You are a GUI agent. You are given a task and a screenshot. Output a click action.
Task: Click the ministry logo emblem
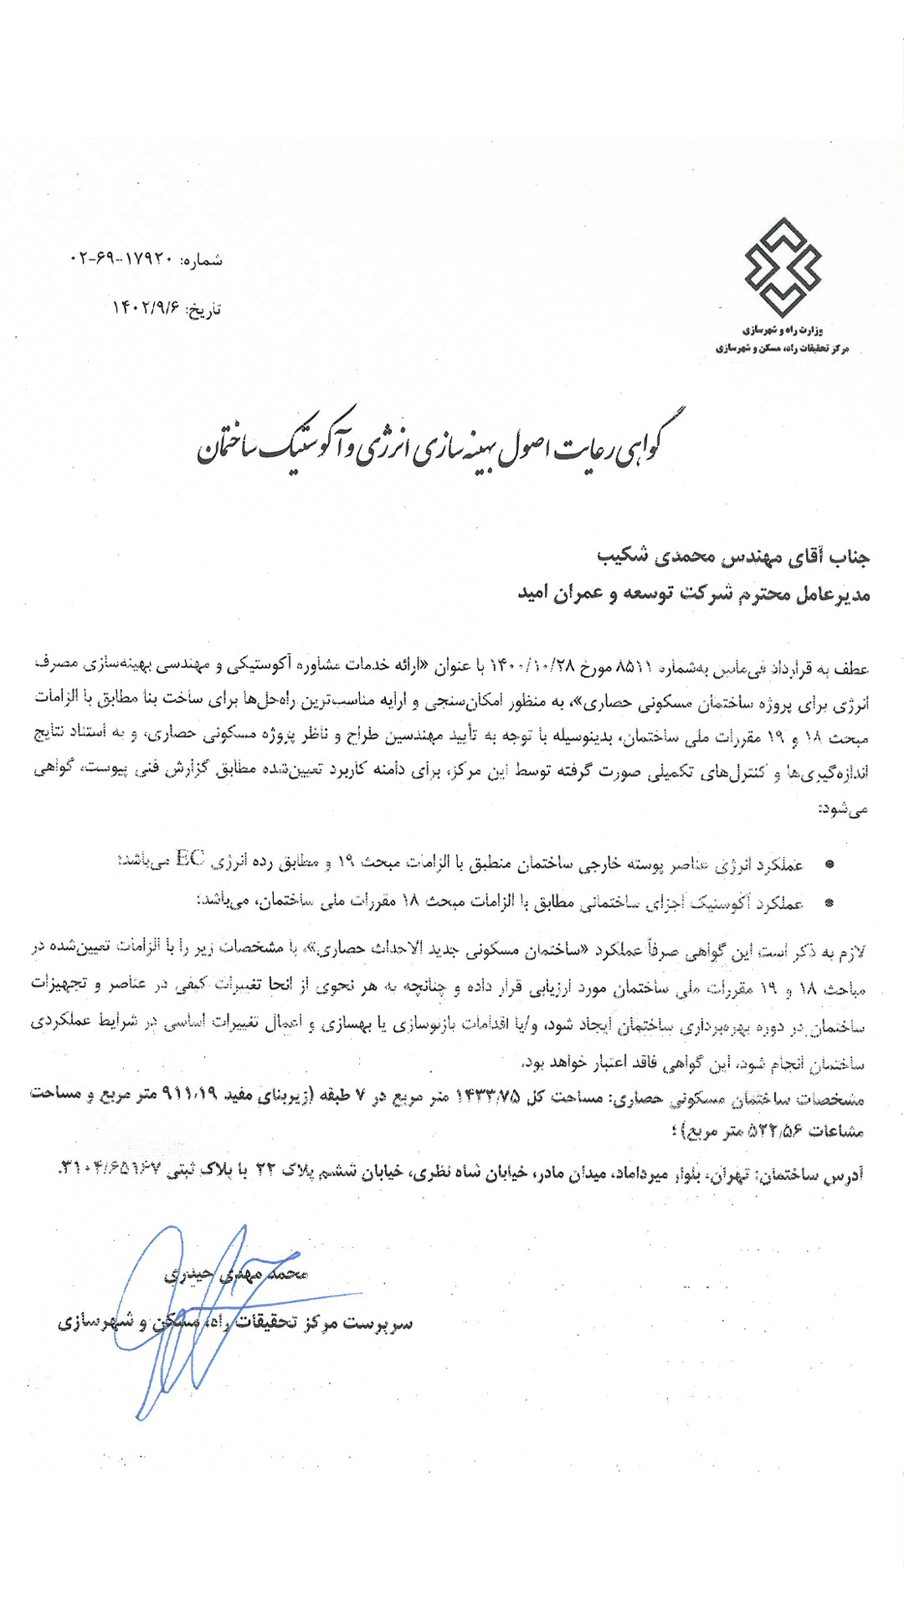pos(783,267)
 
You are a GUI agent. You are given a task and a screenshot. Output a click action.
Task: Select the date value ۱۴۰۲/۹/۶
pos(146,309)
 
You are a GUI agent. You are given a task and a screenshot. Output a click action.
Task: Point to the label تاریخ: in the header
pos(203,311)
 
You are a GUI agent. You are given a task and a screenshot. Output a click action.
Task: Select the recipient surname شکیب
pos(622,555)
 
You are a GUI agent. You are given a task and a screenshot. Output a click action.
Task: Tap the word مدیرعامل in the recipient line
pos(832,594)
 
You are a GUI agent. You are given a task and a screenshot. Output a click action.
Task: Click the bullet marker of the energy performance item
pos(829,864)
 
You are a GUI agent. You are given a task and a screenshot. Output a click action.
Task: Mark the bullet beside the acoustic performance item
pos(829,903)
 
